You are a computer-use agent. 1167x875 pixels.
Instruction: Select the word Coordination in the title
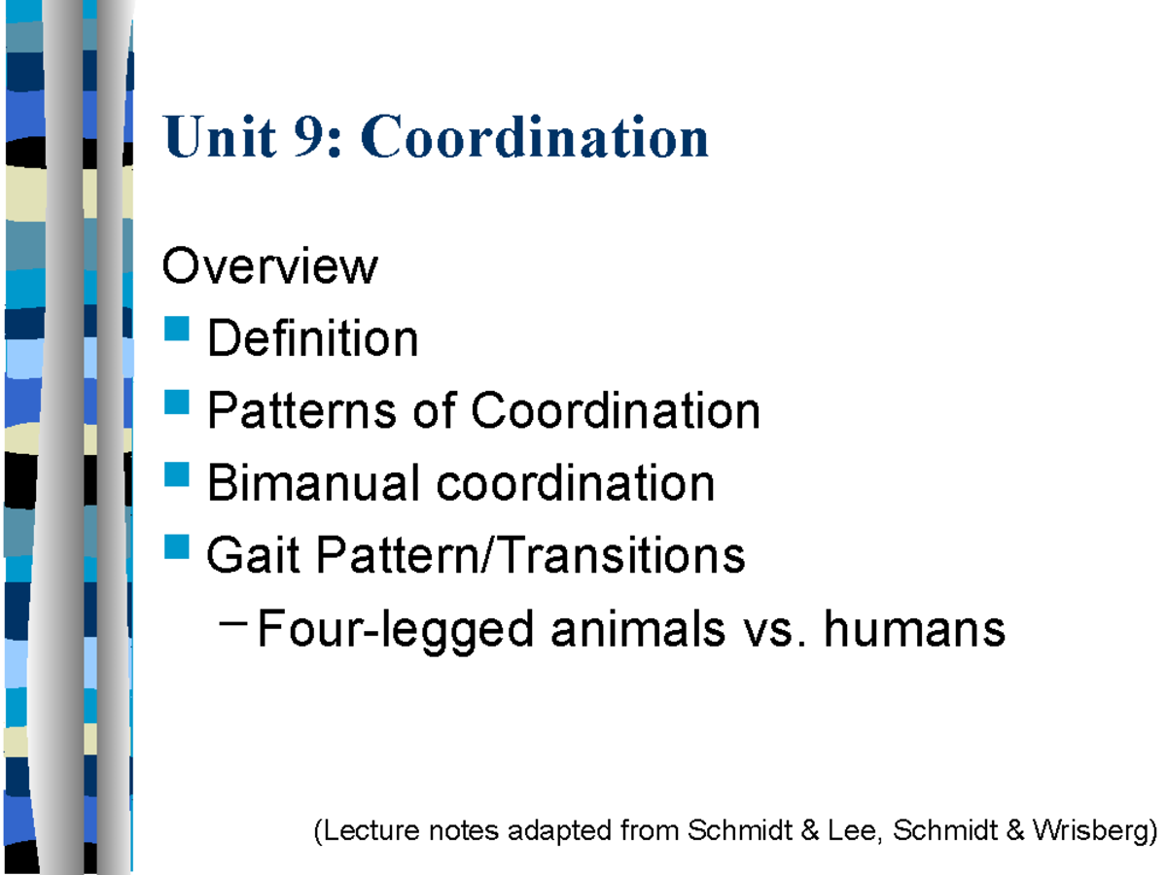(535, 136)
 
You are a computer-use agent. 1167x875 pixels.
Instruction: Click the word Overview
(269, 265)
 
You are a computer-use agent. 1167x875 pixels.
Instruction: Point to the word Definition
(312, 338)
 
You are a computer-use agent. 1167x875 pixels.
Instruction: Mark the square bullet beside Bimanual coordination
(177, 473)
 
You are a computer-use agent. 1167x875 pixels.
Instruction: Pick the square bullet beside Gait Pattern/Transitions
(177, 546)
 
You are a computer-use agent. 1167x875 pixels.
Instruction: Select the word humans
(914, 629)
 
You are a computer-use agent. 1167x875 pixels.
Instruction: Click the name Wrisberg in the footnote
(1089, 831)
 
